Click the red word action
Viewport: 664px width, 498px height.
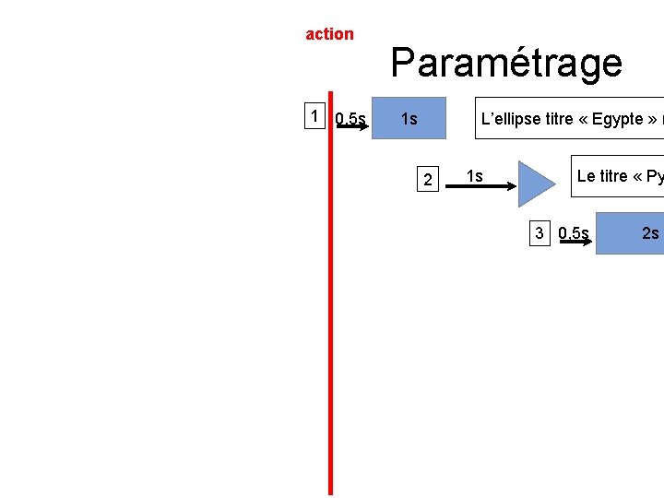[329, 34]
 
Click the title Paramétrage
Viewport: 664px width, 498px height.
[506, 63]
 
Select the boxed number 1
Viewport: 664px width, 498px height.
[316, 116]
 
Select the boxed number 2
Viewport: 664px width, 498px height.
[426, 179]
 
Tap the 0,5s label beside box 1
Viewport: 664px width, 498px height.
[350, 118]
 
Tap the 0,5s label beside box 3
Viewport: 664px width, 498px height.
[574, 232]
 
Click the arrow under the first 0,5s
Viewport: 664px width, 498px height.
[351, 127]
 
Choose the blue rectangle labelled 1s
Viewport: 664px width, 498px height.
[409, 118]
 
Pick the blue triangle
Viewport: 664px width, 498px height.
[534, 184]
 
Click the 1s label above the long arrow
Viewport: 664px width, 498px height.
[474, 175]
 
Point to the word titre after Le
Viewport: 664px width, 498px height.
[622, 175]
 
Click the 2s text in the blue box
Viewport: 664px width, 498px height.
[650, 232]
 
